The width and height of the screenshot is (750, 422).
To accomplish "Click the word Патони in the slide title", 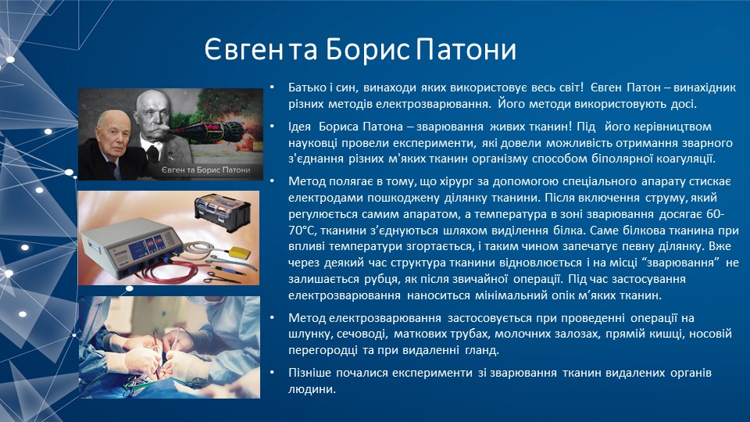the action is [466, 49].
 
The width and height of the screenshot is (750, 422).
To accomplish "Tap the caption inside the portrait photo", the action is [205, 170].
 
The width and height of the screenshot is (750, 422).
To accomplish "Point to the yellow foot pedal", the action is [240, 253].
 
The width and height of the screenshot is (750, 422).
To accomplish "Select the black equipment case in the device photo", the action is [223, 212].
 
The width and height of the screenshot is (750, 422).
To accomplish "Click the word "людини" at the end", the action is [312, 389].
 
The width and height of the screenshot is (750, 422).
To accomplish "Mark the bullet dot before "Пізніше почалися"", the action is [272, 372].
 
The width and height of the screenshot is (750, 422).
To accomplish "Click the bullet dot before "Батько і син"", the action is [272, 87].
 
